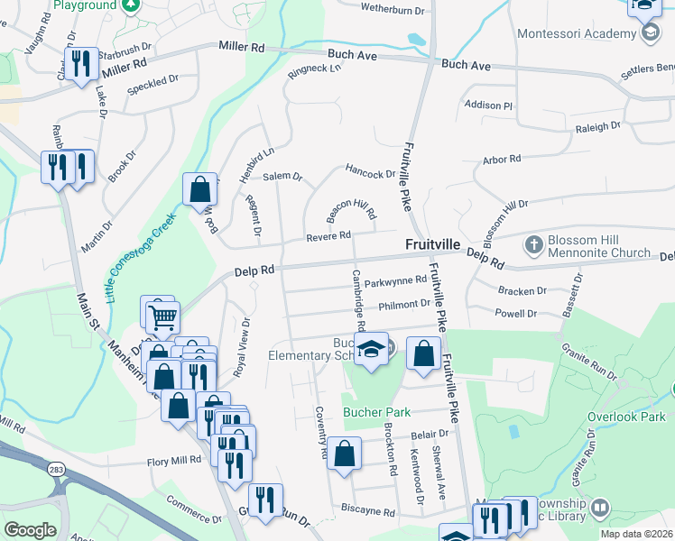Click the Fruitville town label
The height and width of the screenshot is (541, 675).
coord(433,244)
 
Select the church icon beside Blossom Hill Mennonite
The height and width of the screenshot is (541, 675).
coord(533,243)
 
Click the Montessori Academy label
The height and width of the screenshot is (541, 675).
coord(577,34)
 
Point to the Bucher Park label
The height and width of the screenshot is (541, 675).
coord(376,412)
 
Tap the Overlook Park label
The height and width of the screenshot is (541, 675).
coord(624,417)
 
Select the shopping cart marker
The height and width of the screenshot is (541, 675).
coord(163,316)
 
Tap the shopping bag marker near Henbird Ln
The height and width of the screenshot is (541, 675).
coord(199,189)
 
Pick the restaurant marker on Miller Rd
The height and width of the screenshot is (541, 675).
coord(82,63)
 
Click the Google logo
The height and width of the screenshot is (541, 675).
coord(30,529)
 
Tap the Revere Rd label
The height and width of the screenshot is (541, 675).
coord(328,235)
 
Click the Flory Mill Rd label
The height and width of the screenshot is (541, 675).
coord(175,461)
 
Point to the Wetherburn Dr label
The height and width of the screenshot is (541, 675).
coord(393,9)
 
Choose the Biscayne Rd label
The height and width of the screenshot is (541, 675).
coord(368,511)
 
